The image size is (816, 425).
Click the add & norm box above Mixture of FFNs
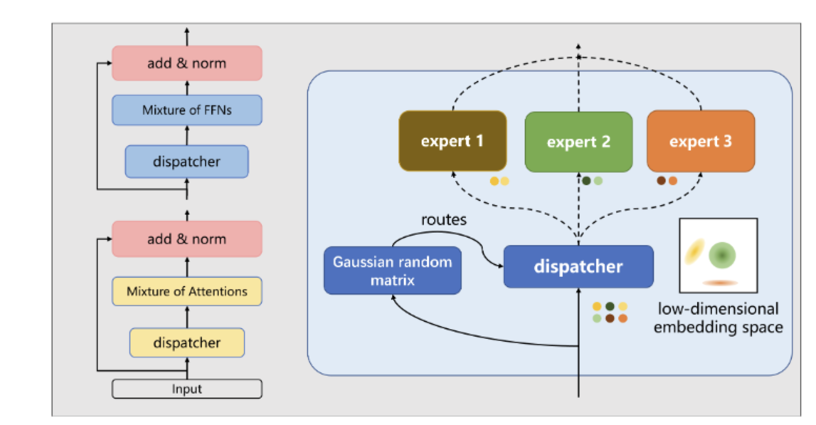(187, 63)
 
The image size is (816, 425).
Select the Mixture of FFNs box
(187, 110)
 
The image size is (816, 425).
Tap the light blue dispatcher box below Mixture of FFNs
(187, 161)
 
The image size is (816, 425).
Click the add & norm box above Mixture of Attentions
(187, 239)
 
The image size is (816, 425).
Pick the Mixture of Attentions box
(187, 291)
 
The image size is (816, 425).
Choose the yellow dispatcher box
(187, 342)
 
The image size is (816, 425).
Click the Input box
(187, 389)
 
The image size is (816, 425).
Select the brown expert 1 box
(453, 141)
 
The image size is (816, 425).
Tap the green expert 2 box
(578, 142)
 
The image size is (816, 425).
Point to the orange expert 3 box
(701, 141)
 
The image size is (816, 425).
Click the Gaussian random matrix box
(393, 270)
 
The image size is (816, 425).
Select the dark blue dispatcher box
(578, 267)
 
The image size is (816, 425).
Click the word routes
(444, 220)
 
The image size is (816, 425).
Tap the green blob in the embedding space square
(722, 255)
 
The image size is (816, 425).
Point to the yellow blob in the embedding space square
(695, 251)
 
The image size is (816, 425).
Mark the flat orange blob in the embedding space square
(720, 282)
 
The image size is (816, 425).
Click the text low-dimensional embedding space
(718, 318)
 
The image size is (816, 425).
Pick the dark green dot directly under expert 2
(586, 181)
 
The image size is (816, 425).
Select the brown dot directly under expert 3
(661, 180)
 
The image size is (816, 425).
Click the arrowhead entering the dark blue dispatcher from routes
(501, 266)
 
